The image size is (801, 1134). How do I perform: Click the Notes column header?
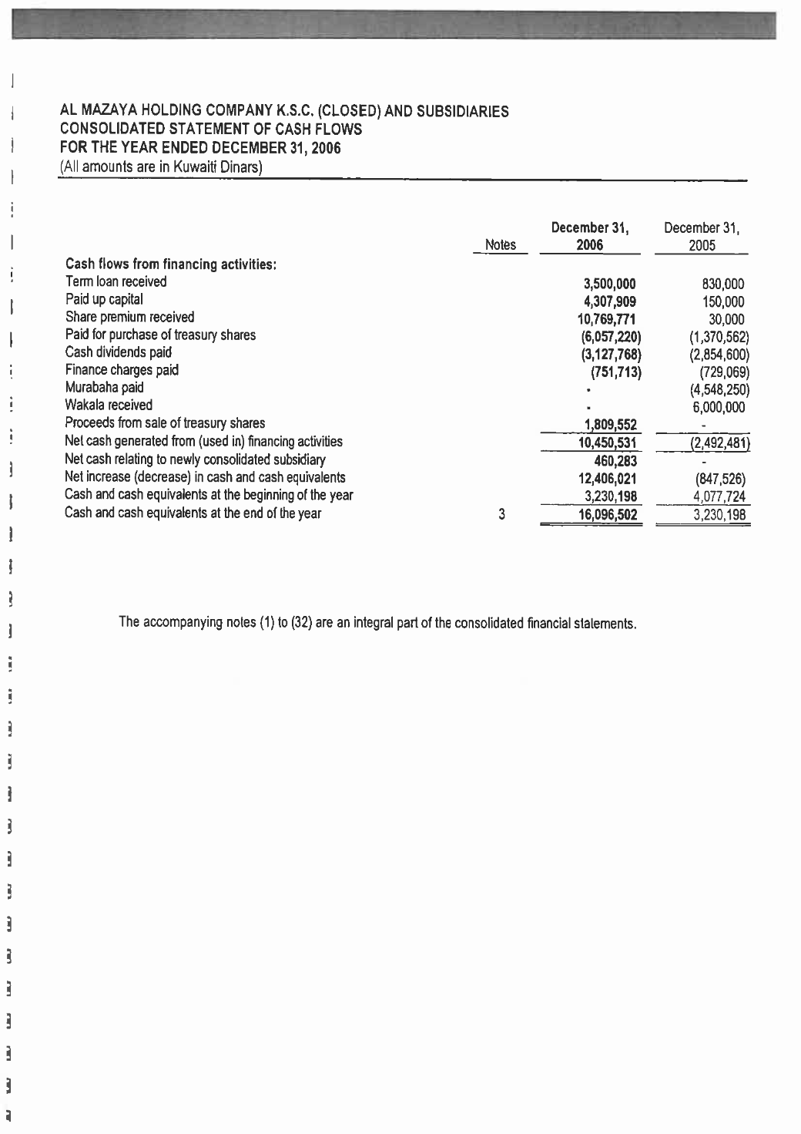[x=501, y=245]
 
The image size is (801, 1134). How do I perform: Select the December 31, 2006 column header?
[x=590, y=237]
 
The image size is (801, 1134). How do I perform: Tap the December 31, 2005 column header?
[x=702, y=237]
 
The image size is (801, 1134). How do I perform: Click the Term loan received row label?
[x=116, y=282]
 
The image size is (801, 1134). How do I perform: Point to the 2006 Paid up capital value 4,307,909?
[x=610, y=302]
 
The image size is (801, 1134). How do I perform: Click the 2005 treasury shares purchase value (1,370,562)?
[x=719, y=338]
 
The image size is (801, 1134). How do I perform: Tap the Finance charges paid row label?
[x=122, y=370]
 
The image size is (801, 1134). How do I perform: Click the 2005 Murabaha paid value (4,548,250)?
[x=719, y=390]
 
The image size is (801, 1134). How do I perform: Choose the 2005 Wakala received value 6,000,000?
[x=719, y=408]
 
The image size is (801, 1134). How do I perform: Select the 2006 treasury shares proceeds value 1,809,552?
[x=611, y=426]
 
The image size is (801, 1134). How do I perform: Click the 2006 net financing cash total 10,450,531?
[x=608, y=443]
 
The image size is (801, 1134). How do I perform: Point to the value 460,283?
[x=615, y=462]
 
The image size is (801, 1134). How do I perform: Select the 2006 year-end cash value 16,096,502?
[x=608, y=515]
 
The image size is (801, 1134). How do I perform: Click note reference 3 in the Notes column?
[x=501, y=514]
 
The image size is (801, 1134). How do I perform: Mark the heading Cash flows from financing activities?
[x=171, y=264]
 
